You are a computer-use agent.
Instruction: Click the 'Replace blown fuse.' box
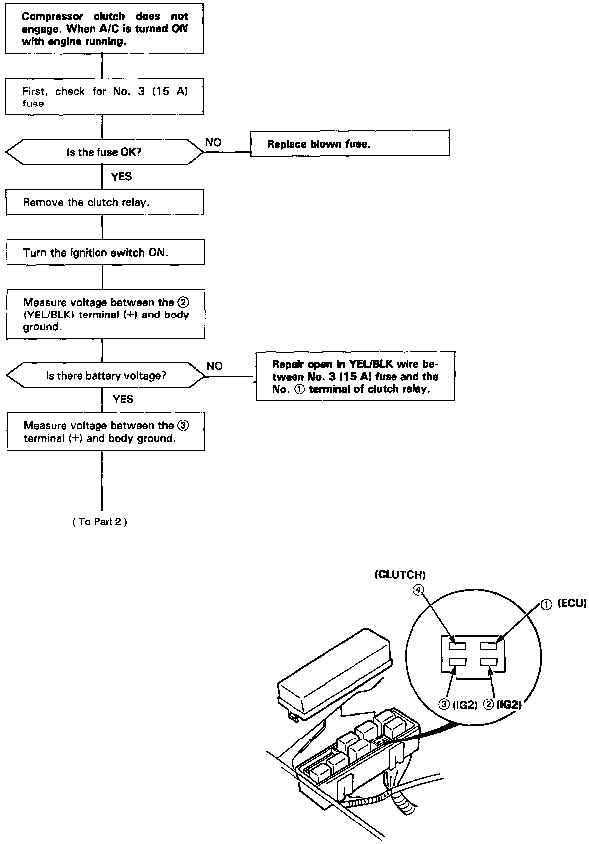tap(349, 144)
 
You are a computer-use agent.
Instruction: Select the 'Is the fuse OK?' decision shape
tap(104, 152)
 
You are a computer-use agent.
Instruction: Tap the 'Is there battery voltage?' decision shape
tap(105, 376)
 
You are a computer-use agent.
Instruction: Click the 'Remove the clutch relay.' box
tap(105, 203)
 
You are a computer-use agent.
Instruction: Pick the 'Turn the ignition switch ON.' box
tap(105, 252)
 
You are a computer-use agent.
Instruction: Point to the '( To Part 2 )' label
tap(99, 521)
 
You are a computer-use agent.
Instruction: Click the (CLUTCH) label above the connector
tap(400, 575)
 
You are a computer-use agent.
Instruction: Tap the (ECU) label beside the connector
tap(572, 604)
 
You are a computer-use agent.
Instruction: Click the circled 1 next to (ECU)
tap(546, 604)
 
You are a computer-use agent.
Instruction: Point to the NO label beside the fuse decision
tap(213, 143)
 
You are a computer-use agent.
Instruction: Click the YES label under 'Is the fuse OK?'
tap(121, 177)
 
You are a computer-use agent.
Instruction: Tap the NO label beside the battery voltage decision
tap(215, 366)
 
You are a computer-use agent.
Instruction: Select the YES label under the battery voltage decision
tap(123, 399)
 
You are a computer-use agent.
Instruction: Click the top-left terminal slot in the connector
tap(457, 646)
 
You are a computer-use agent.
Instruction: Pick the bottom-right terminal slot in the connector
tap(489, 662)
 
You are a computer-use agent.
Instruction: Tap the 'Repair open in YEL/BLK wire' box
tap(355, 377)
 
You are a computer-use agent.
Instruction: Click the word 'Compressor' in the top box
tap(52, 16)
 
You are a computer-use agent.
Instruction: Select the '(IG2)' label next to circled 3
tap(465, 705)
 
